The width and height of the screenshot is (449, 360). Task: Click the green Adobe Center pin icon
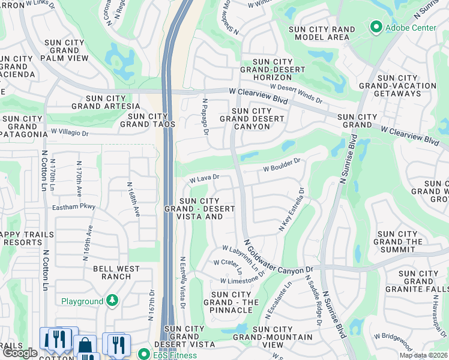pyautogui.click(x=376, y=27)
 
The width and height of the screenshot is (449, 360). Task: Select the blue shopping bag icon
pyautogui.click(x=85, y=344)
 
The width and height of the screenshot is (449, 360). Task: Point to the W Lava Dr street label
pyautogui.click(x=205, y=178)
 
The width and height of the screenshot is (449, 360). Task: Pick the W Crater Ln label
pyautogui.click(x=228, y=265)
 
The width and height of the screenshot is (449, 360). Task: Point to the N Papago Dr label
pyautogui.click(x=205, y=116)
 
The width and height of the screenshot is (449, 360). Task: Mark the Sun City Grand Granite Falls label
pyautogui.click(x=419, y=281)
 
